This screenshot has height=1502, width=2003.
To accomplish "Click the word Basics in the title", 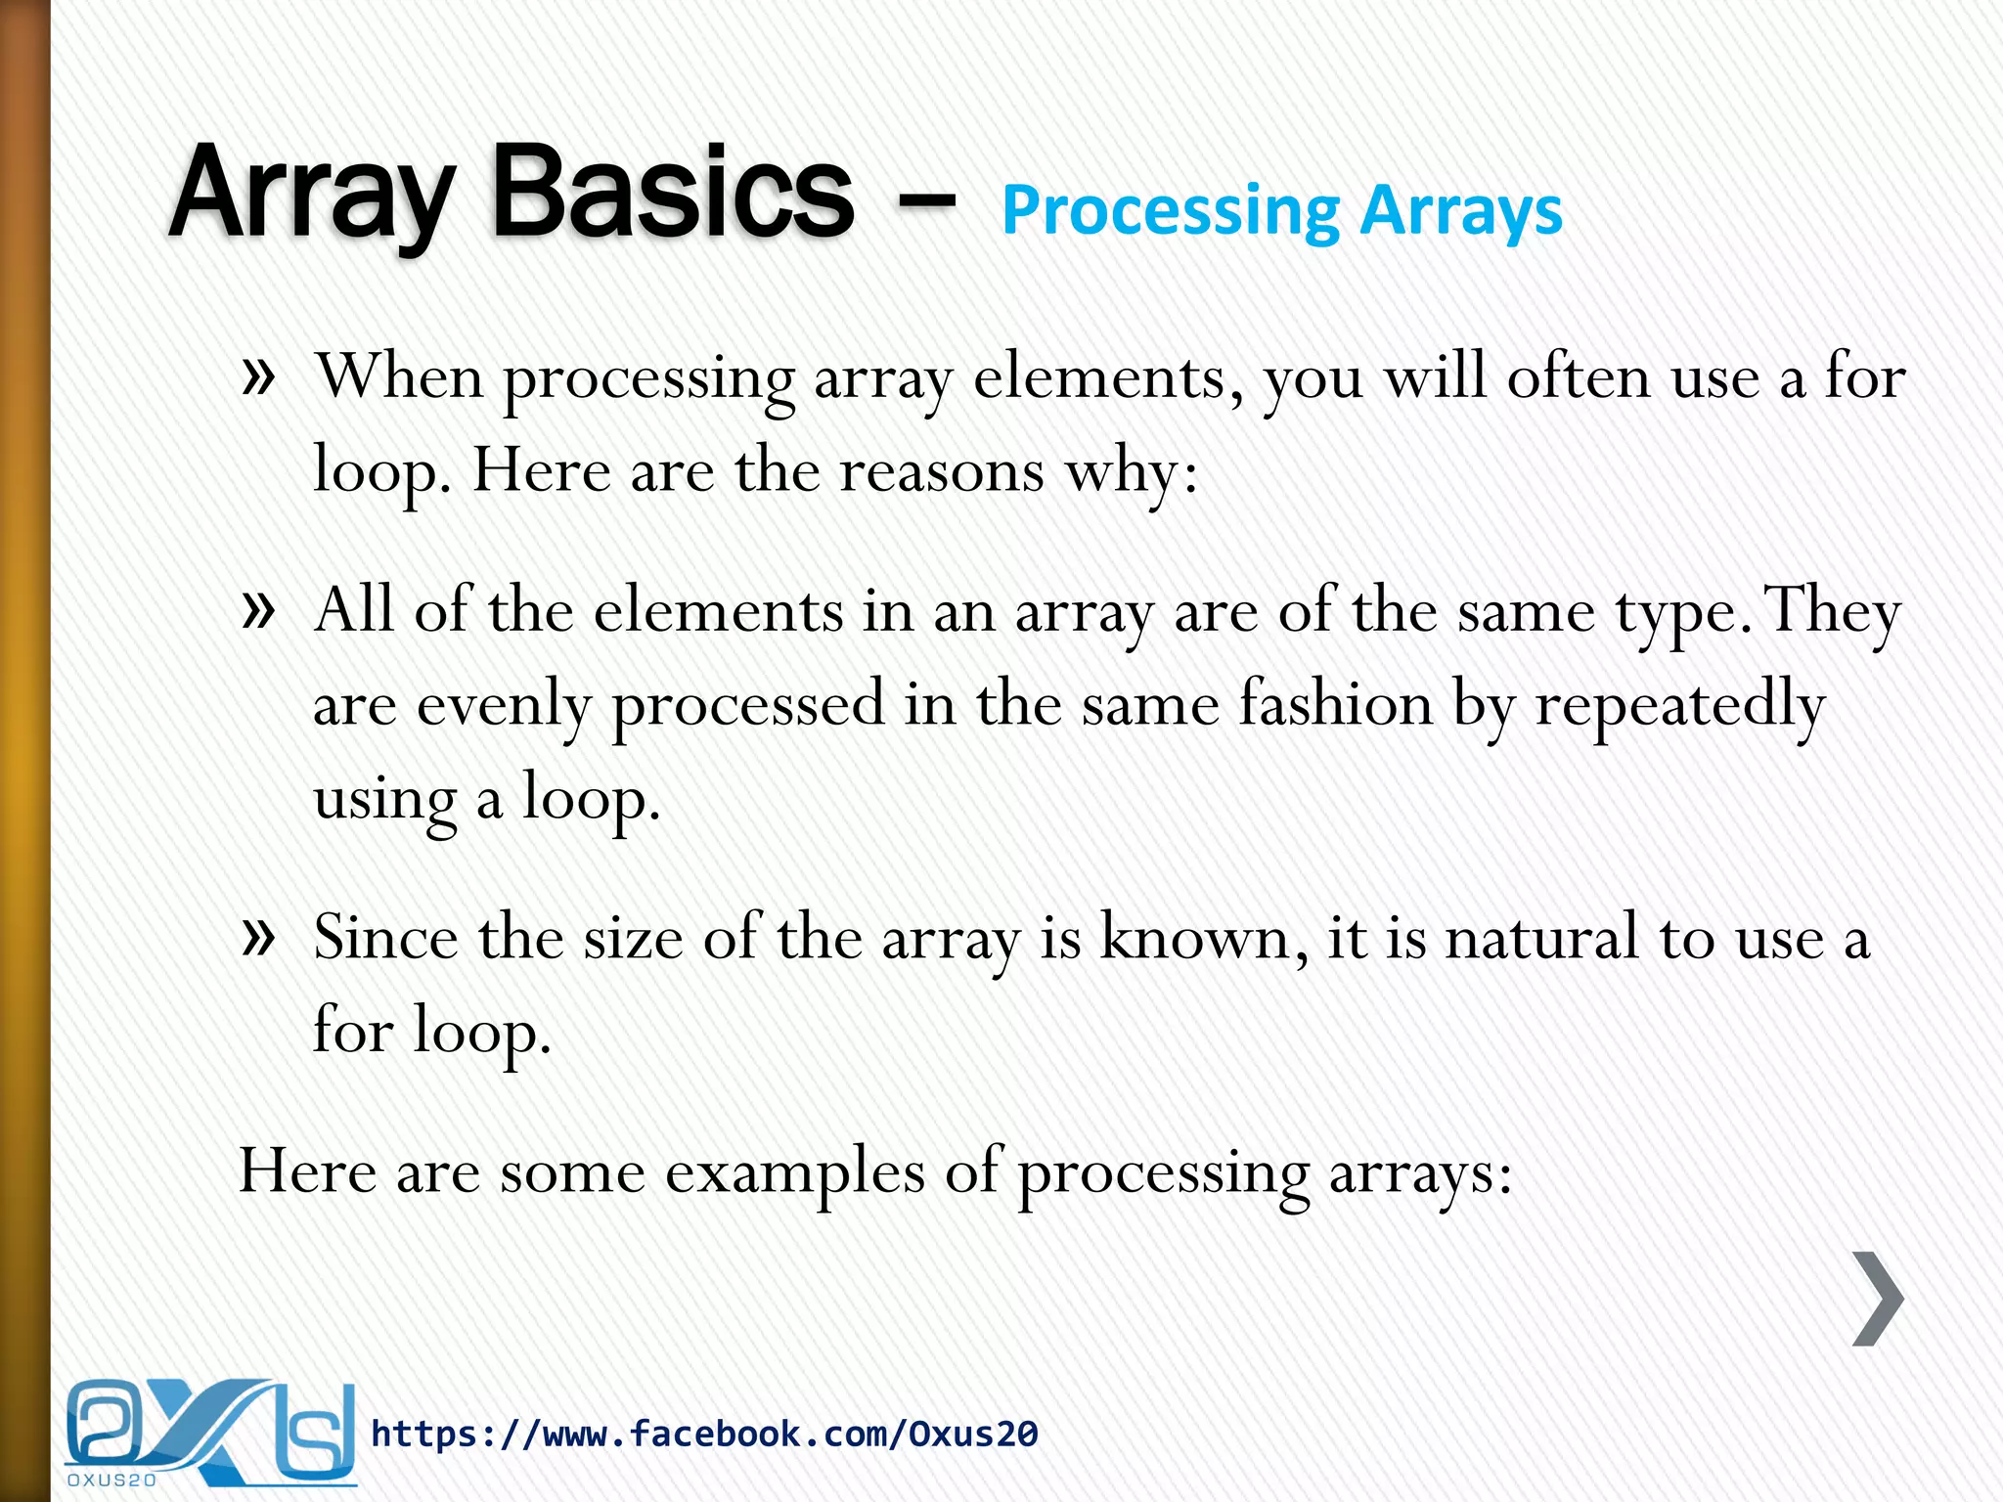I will [x=673, y=193].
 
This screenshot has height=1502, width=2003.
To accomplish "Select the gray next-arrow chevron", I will [x=1878, y=1299].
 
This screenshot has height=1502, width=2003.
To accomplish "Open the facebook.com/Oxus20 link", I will [x=704, y=1435].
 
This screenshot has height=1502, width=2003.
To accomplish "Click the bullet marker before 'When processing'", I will [x=258, y=376].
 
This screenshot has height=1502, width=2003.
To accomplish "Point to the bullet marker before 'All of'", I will [x=258, y=611].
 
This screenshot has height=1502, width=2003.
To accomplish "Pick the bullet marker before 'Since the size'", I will [x=258, y=938].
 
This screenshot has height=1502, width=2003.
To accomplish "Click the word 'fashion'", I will [x=1335, y=704].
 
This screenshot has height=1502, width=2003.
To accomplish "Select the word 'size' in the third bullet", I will [x=633, y=938].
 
